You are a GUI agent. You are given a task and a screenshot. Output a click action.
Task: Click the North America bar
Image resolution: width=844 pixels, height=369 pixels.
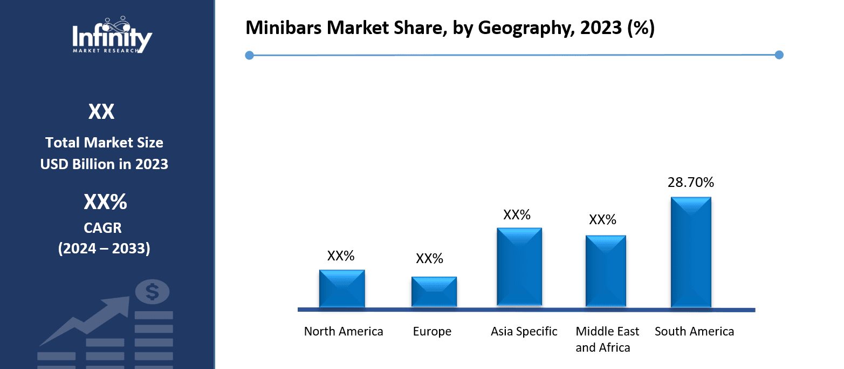coord(342,289)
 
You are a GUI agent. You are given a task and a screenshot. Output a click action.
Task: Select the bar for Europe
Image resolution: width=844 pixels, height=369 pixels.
coord(434,292)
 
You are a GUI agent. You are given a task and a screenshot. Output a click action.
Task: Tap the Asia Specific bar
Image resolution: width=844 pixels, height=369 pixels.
coord(519,266)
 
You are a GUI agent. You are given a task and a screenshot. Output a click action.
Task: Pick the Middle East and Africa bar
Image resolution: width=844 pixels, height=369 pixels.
coord(606,271)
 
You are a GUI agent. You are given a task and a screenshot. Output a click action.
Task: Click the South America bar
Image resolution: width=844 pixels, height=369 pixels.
coord(691,252)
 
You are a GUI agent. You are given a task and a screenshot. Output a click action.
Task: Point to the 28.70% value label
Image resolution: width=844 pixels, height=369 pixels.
coord(691,183)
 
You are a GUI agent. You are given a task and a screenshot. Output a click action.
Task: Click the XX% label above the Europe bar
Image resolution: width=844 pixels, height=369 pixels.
coord(429,259)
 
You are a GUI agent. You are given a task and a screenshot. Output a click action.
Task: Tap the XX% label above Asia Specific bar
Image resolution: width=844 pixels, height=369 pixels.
coord(517,215)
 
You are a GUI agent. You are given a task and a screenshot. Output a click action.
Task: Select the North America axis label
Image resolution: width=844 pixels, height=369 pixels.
coord(344,331)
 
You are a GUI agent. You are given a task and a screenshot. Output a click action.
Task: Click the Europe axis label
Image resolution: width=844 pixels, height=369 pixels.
coord(432,331)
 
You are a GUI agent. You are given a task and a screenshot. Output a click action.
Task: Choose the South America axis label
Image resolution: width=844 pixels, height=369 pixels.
coord(694,331)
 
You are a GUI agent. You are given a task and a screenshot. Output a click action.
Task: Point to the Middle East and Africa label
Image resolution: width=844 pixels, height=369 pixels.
coord(607,339)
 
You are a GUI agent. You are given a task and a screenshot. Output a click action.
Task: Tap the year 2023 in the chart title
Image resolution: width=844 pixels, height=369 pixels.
coord(592,29)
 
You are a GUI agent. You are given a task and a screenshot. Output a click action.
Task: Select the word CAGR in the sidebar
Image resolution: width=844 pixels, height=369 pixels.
coord(104,228)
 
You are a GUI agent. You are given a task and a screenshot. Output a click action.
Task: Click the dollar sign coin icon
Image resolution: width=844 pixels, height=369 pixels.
coord(152,292)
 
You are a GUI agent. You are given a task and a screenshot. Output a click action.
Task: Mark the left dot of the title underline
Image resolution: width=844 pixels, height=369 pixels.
coord(249,55)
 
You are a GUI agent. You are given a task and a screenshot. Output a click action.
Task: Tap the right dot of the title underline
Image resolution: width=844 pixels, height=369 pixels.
coord(779,55)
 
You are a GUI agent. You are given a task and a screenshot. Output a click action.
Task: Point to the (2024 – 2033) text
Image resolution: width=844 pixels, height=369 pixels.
coord(104,249)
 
